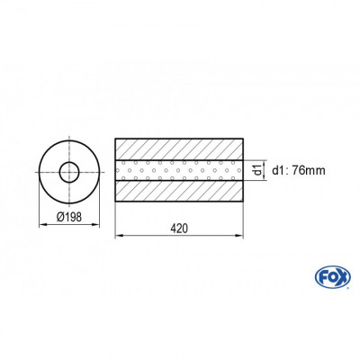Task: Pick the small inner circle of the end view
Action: tap(68, 171)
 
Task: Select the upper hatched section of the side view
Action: tap(180, 148)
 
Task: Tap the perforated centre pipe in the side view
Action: tap(180, 170)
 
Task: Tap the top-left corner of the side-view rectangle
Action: tap(117, 138)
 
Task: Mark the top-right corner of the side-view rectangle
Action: tap(243, 138)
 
